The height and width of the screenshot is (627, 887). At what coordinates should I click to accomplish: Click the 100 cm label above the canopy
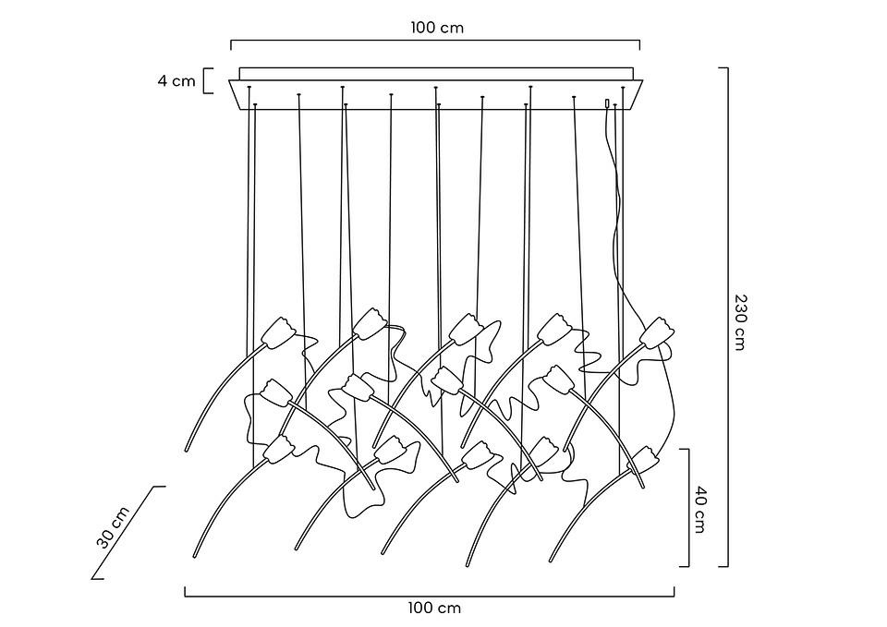pyautogui.click(x=437, y=27)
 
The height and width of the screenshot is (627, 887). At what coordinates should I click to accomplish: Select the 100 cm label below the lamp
pyautogui.click(x=434, y=608)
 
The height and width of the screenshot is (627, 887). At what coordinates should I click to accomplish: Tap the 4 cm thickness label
pyautogui.click(x=176, y=80)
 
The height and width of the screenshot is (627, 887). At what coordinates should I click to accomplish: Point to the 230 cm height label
pyautogui.click(x=740, y=322)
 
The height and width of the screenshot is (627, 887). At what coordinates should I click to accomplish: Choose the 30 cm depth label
pyautogui.click(x=113, y=528)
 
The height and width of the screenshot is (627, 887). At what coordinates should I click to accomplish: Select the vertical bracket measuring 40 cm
pyautogui.click(x=687, y=507)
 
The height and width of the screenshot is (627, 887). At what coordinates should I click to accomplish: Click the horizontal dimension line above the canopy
pyautogui.click(x=435, y=41)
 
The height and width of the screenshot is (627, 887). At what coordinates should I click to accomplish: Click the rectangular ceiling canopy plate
pyautogui.click(x=434, y=96)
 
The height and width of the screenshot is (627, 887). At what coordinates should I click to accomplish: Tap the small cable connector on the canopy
pyautogui.click(x=607, y=104)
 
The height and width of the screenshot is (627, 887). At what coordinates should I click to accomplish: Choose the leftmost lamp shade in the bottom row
pyautogui.click(x=279, y=449)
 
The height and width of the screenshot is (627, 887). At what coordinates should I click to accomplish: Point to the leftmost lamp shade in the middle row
pyautogui.click(x=275, y=392)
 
